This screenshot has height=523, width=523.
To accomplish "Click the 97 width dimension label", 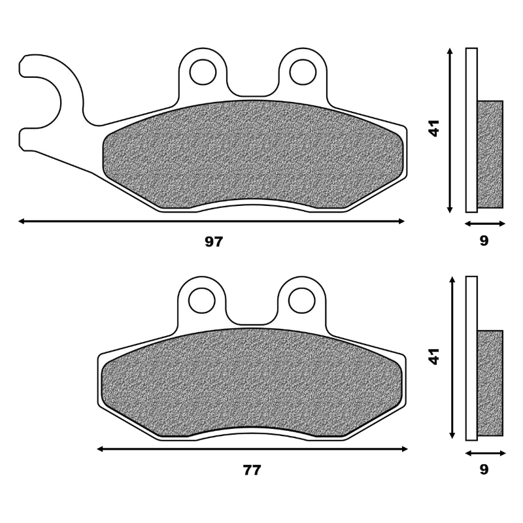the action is coord(214,241).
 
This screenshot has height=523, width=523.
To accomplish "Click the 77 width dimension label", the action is coord(252,470).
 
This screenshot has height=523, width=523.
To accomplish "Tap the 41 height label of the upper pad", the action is coord(434,128).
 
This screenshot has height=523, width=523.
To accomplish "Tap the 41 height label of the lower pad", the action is coord(434,356).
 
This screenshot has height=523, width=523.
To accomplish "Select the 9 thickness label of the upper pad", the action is coord(484,241).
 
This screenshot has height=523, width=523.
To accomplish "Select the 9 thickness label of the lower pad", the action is coord(484,469).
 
